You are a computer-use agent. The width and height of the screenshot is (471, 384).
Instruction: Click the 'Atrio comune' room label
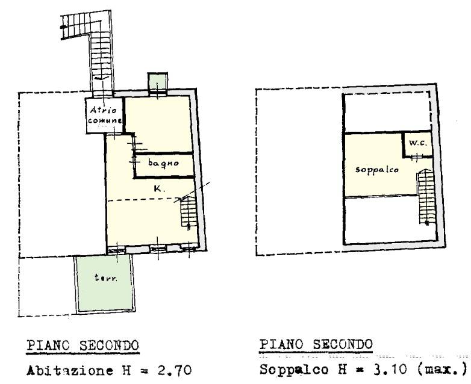click(105, 116)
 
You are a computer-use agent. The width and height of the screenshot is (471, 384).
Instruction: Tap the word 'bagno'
click(163, 163)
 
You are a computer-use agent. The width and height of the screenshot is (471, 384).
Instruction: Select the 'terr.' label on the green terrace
click(106, 277)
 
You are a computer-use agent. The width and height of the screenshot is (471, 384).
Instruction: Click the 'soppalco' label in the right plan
click(377, 170)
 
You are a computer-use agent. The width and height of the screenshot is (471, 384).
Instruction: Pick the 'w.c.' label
click(418, 143)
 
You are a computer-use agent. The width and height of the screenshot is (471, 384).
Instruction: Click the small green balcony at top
click(157, 81)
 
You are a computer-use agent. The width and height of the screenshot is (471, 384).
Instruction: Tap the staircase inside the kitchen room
click(189, 212)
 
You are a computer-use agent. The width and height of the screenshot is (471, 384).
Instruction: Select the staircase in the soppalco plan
click(426, 196)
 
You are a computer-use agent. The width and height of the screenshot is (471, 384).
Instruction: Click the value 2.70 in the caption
click(175, 370)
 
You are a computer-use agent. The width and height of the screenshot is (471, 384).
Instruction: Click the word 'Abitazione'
click(70, 371)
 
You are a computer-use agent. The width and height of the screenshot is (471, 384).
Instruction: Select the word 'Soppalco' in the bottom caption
click(294, 370)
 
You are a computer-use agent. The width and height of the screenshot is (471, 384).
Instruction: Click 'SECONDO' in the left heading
click(109, 345)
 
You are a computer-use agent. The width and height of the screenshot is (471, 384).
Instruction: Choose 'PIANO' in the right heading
click(281, 344)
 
